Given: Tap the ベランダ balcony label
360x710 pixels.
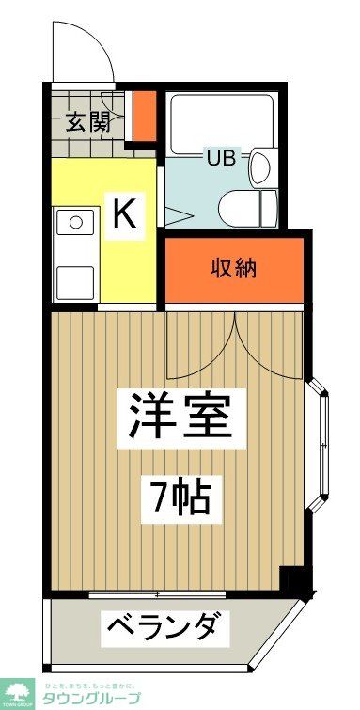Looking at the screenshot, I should click(165, 625).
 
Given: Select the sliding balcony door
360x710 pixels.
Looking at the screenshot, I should click(160, 594).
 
